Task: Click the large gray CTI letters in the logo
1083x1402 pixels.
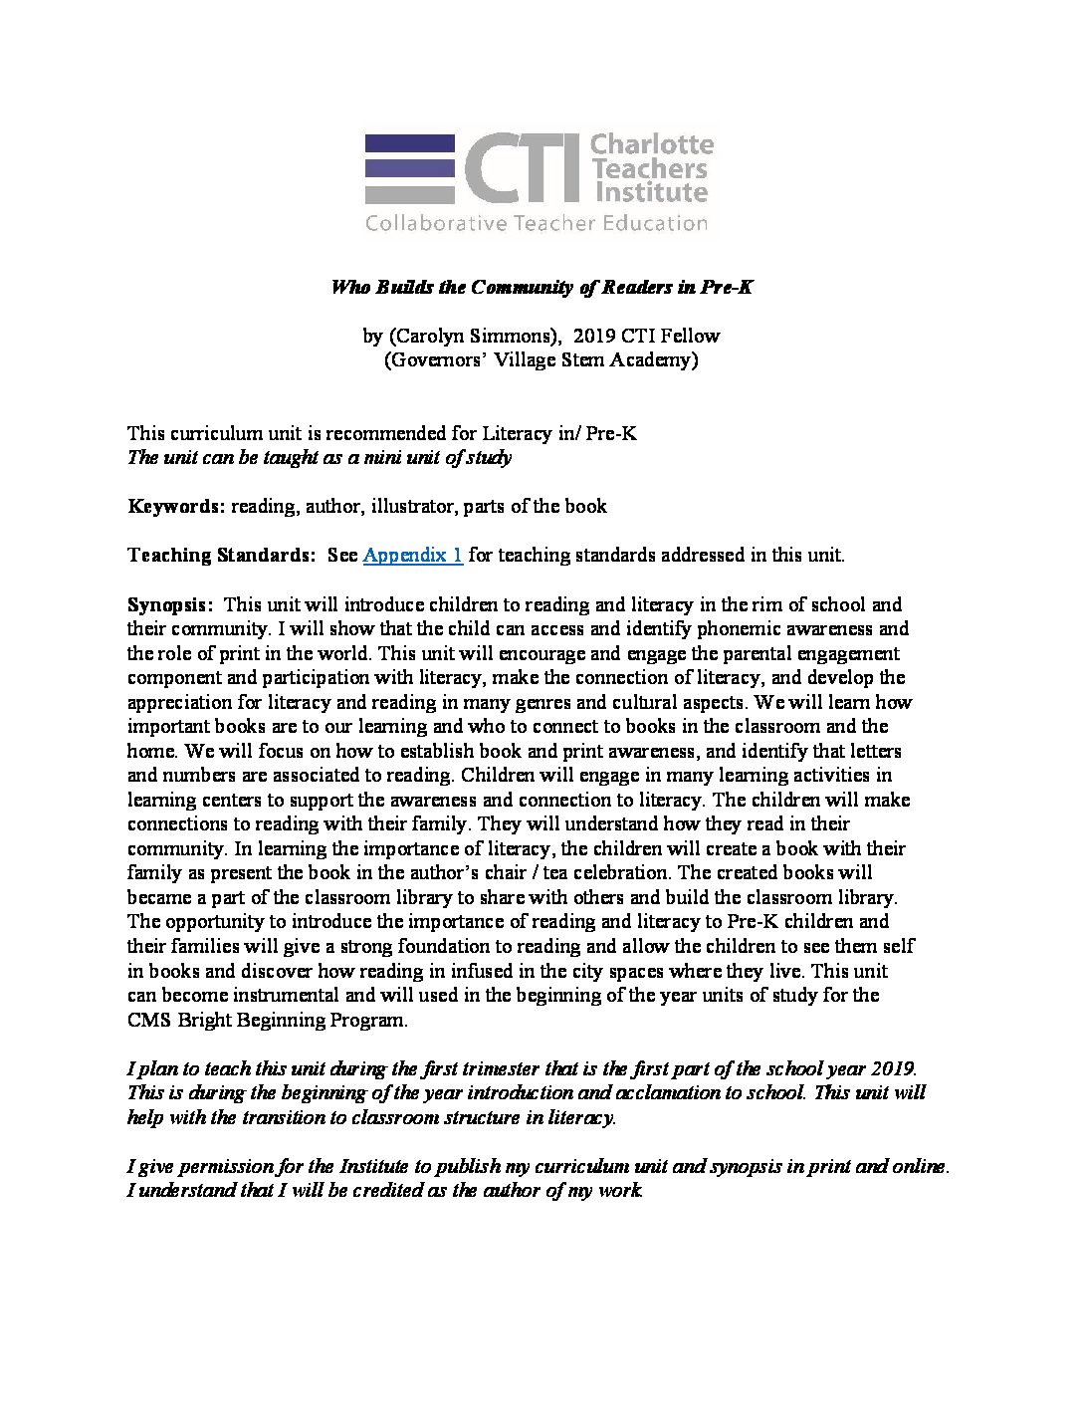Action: tap(523, 168)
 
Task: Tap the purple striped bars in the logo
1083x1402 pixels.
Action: tap(409, 168)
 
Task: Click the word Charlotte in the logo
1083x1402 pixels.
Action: tap(652, 145)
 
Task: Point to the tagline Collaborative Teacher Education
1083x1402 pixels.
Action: tap(537, 223)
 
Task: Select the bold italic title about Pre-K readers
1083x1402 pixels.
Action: tap(541, 288)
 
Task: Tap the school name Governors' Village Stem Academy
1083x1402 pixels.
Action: tap(541, 360)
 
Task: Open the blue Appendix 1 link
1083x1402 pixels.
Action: tap(412, 556)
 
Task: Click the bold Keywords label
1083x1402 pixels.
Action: tap(176, 507)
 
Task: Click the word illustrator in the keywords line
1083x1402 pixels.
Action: tap(413, 507)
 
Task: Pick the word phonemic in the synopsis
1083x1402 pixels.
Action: tap(743, 629)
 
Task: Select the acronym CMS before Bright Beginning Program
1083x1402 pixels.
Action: tap(150, 1020)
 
